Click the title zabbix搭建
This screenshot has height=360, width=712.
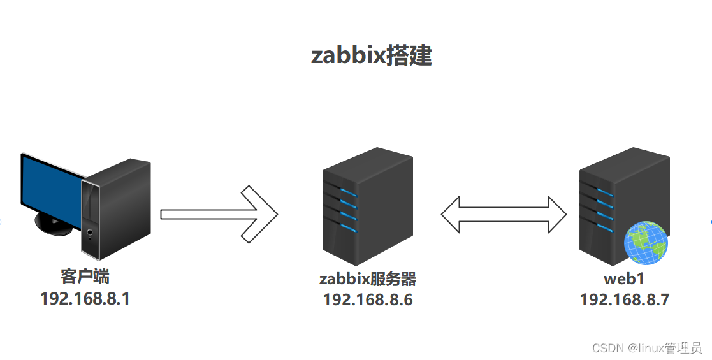371,55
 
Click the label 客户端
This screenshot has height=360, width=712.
85,277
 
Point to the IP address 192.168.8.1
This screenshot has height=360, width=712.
85,298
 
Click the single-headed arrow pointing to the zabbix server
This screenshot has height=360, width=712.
217,214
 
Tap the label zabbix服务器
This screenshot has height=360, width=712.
368,279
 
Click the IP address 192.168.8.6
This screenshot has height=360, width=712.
368,299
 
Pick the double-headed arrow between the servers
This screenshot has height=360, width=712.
504,214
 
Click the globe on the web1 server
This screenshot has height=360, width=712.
646,242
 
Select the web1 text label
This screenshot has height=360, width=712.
624,279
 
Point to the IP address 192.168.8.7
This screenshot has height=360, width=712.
624,299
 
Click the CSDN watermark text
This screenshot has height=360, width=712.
646,348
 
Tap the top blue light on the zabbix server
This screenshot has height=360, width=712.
347,192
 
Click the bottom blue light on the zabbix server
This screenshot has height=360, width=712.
347,227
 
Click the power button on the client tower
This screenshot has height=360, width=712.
90,233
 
